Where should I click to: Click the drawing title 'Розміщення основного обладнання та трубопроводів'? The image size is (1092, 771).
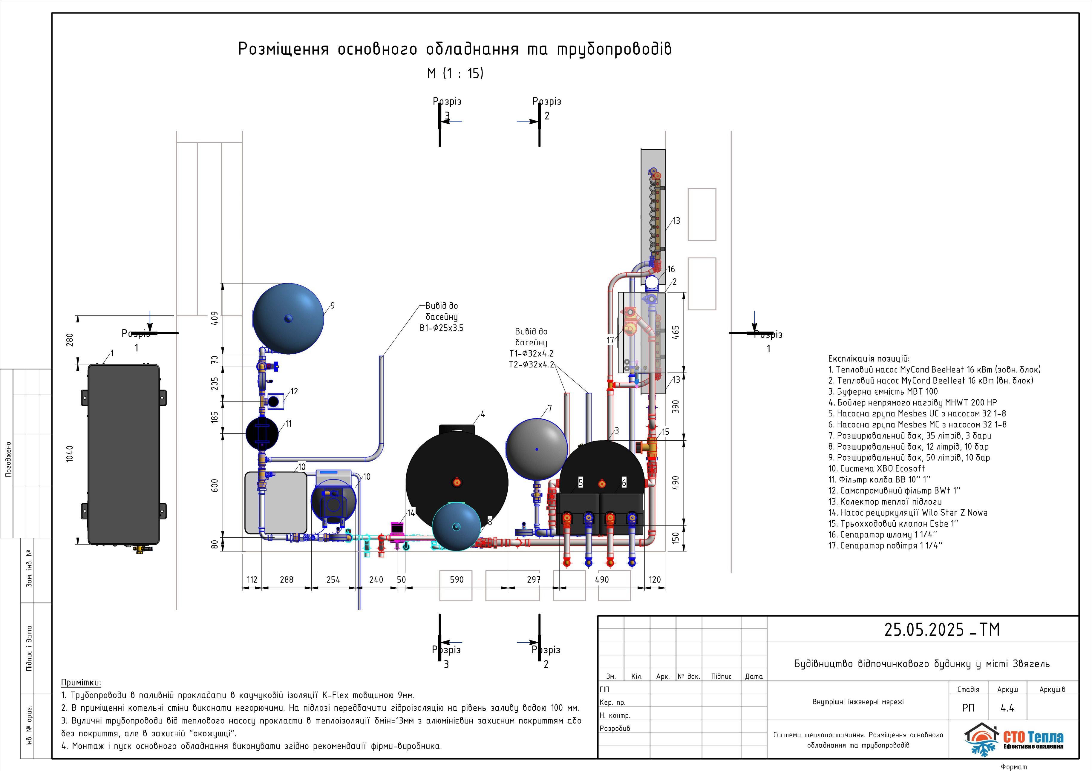[x=455, y=49]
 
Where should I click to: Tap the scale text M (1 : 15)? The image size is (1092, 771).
[x=455, y=73]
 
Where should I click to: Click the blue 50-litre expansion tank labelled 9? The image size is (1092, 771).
[x=288, y=318]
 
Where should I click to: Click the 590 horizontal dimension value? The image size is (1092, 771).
[x=457, y=579]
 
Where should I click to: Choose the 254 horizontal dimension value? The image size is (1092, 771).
[x=333, y=579]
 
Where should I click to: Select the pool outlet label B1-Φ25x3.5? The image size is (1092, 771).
[x=441, y=328]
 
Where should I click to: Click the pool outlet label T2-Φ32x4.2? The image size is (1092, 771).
[x=531, y=365]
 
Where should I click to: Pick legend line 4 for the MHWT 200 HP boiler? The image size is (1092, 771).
[x=912, y=402]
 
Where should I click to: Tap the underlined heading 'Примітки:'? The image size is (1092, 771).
[x=81, y=683]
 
